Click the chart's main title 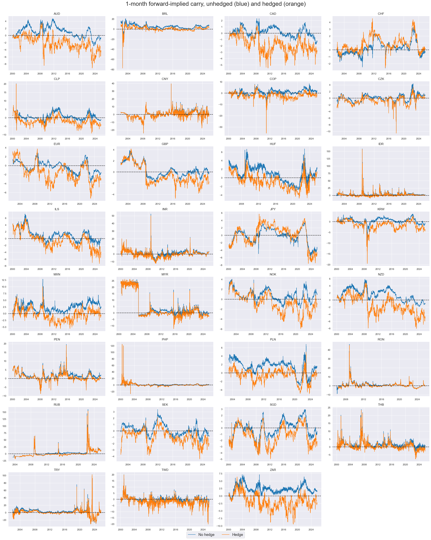215,4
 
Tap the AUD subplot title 57,14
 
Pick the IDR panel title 381,144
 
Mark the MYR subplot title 165,274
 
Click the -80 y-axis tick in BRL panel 113,70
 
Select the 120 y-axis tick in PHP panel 112,346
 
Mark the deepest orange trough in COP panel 266,133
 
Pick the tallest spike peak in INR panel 151,214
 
